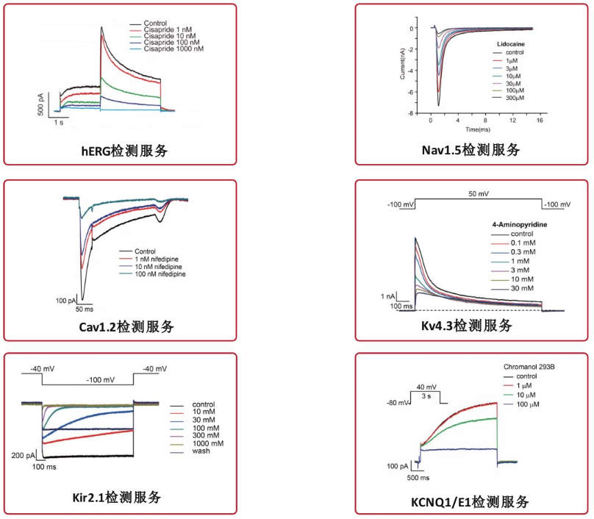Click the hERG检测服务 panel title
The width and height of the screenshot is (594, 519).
pos(124,151)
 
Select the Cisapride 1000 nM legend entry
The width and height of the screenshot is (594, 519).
pos(174,49)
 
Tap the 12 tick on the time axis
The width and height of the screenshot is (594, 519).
pos(513,120)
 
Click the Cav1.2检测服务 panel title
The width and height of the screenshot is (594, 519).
pos(124,326)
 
